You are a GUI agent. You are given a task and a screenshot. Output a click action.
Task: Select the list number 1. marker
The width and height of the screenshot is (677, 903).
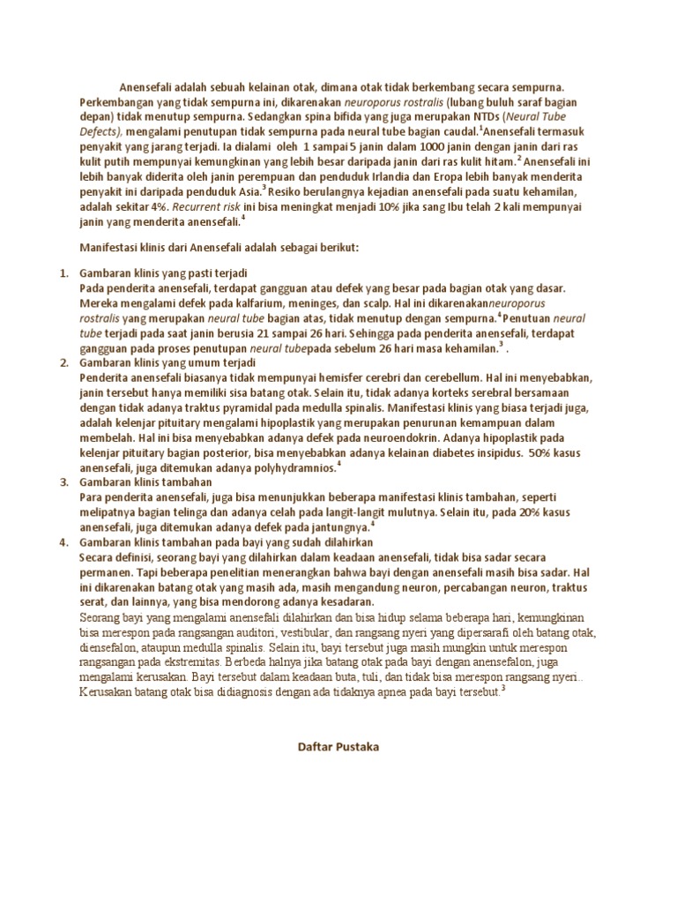click(63, 273)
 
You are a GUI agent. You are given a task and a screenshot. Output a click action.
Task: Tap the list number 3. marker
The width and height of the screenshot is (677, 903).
click(63, 482)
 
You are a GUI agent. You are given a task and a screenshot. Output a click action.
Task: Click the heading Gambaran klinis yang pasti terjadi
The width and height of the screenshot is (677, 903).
click(163, 273)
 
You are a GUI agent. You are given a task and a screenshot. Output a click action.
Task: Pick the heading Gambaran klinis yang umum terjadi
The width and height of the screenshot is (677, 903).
click(167, 362)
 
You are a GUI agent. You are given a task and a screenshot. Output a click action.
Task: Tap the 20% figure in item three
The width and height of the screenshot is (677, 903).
click(521, 512)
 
